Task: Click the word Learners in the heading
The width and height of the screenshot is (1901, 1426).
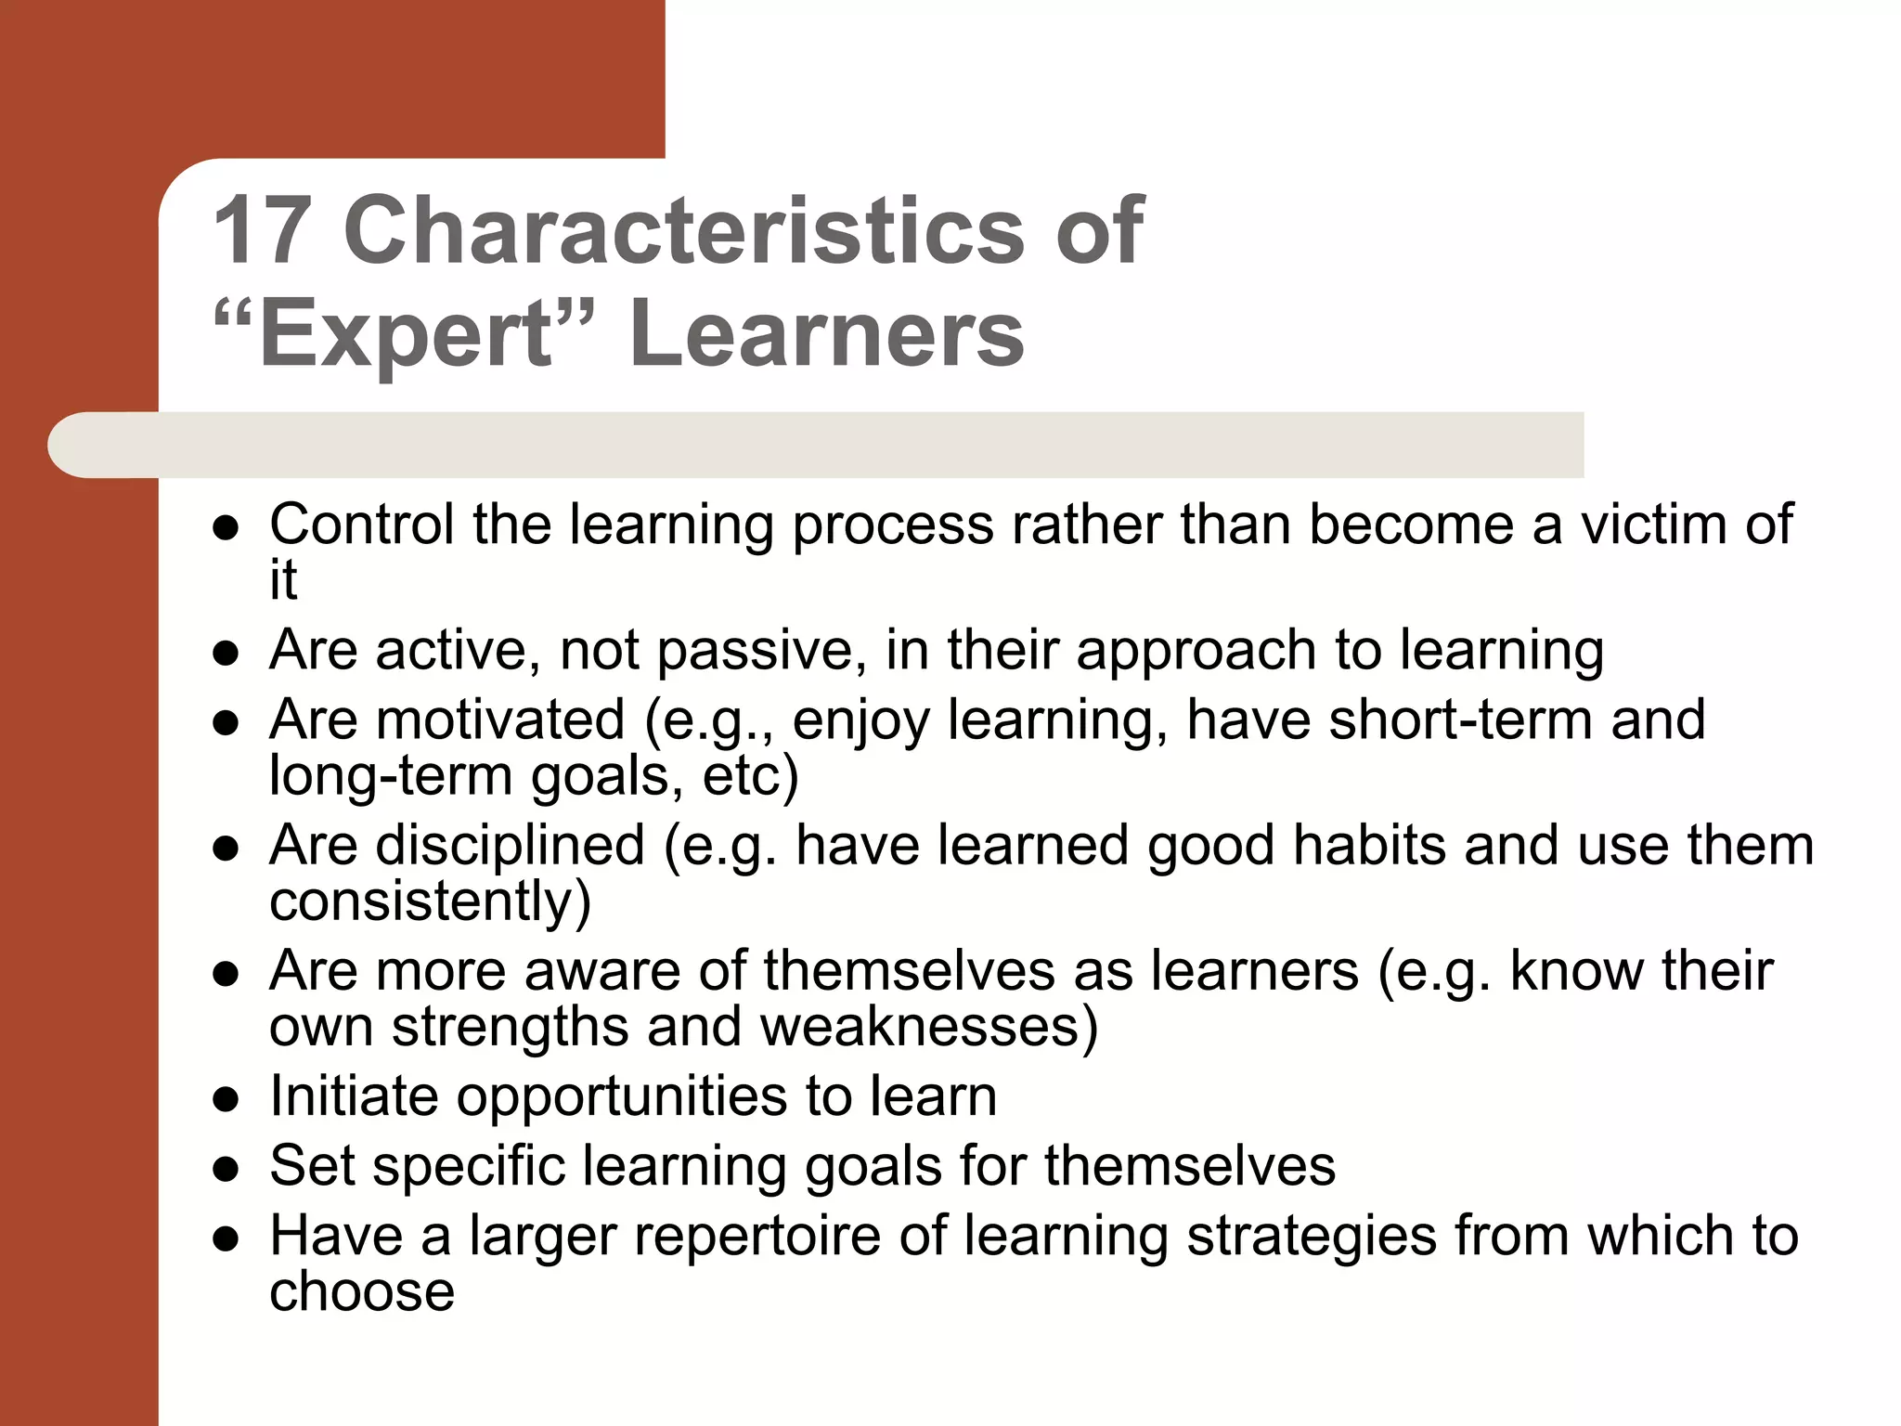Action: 827,333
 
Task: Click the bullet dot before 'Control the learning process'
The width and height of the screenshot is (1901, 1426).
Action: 226,528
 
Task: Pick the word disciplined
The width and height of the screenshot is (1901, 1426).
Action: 510,846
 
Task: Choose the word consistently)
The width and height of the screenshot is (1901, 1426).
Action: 430,901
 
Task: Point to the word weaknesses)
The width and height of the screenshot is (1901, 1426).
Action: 929,1027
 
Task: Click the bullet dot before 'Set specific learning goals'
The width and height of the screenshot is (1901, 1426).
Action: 226,1170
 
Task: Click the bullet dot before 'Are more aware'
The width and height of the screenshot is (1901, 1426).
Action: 226,975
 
